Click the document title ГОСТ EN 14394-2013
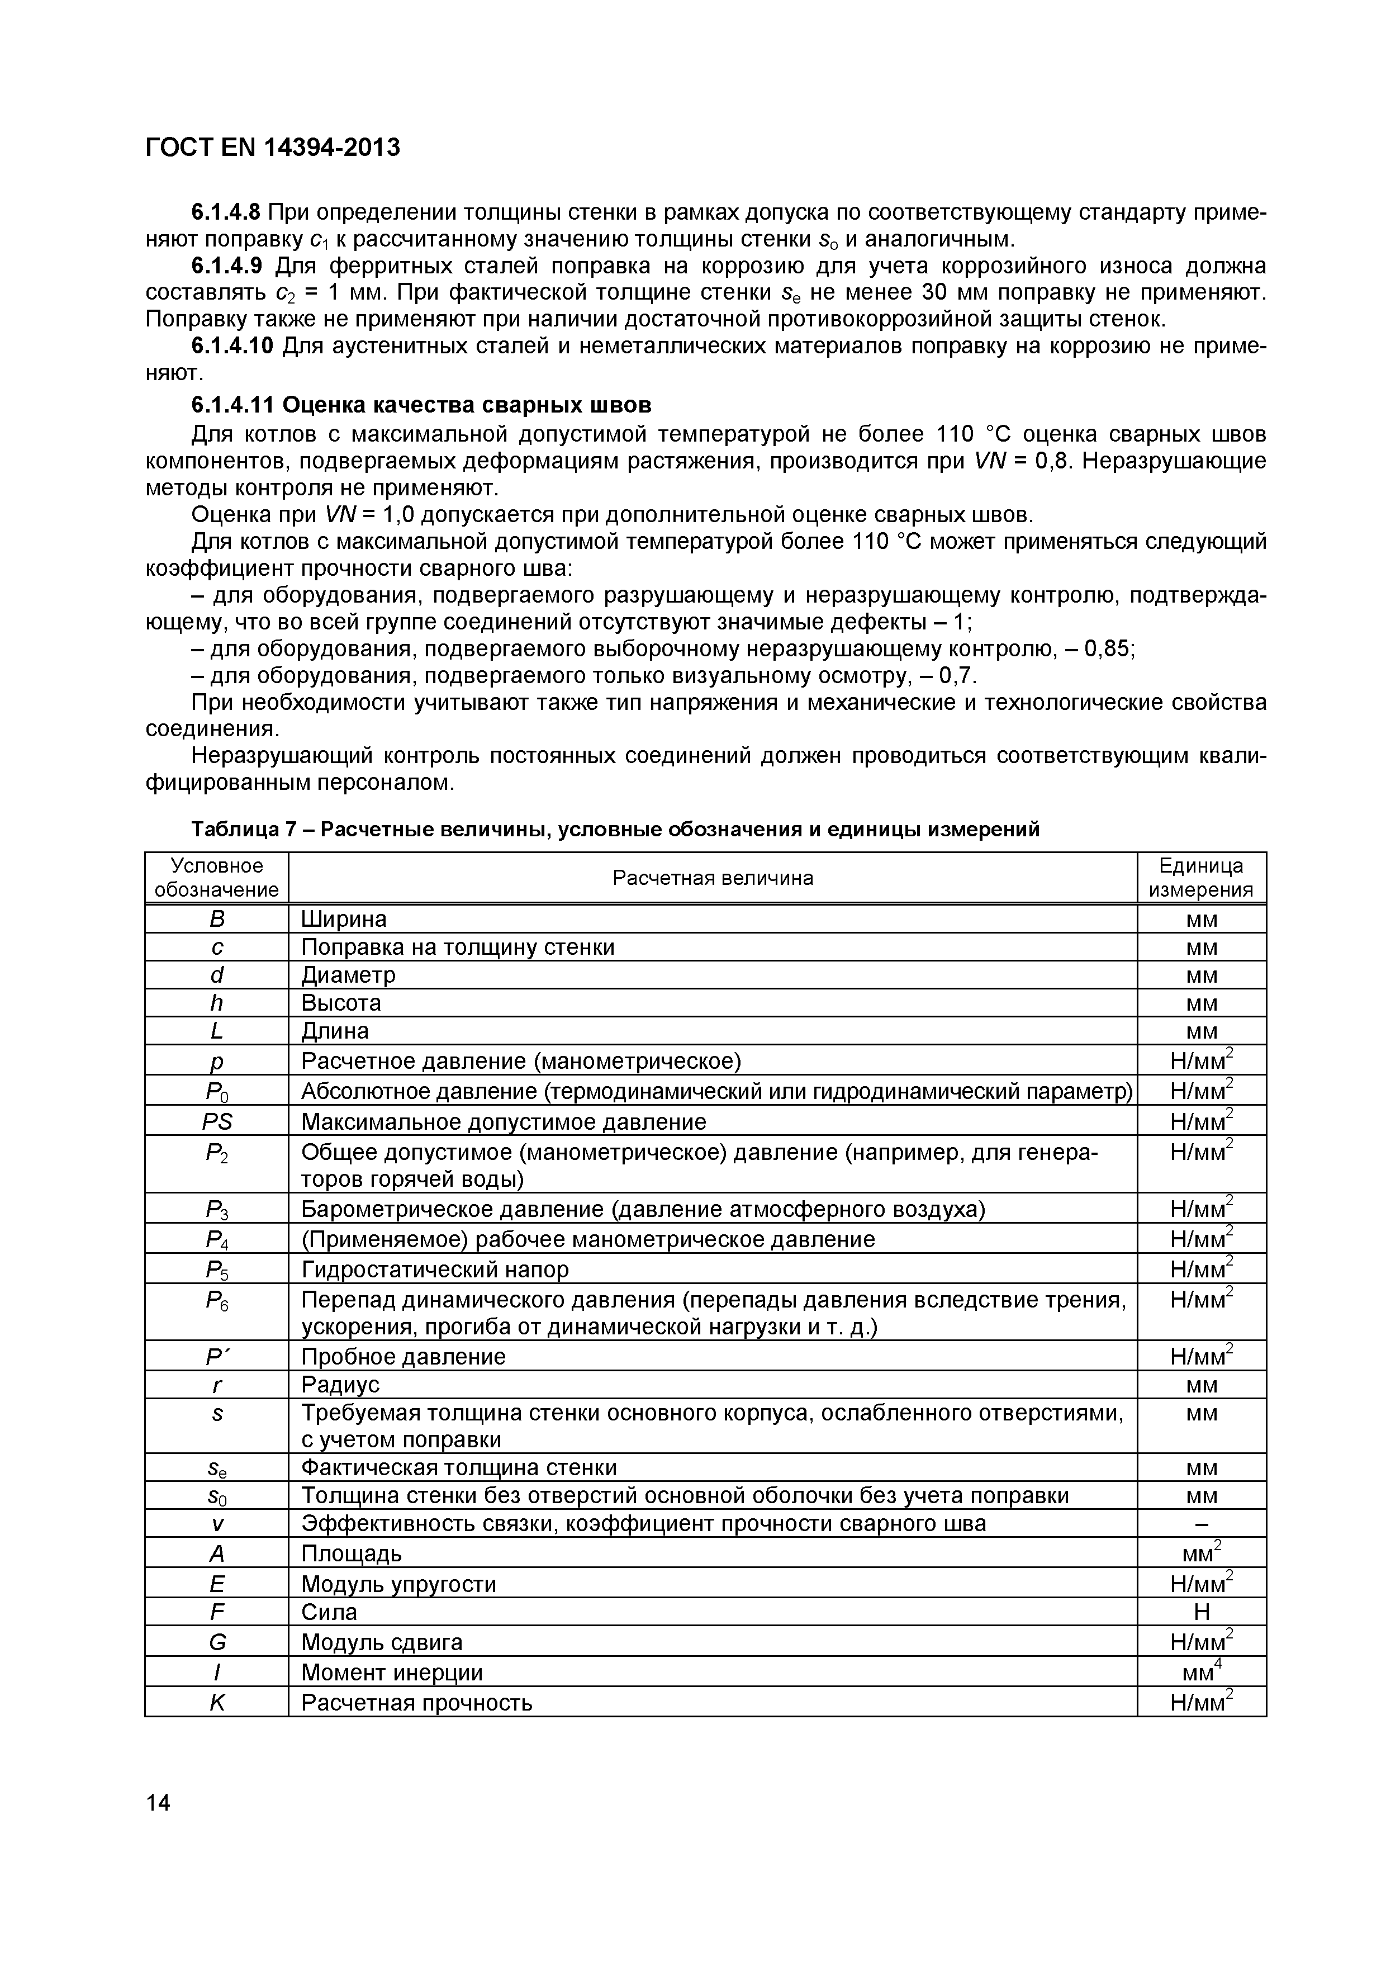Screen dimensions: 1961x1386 click(x=272, y=148)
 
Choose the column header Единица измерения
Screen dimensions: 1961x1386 click(x=1200, y=878)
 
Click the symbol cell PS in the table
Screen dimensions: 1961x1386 click(x=217, y=1121)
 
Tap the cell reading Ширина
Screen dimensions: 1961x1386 click(x=344, y=919)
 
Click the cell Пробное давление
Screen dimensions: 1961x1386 click(x=403, y=1357)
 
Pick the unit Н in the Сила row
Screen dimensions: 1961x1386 click(x=1200, y=1613)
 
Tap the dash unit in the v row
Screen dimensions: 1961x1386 click(x=1200, y=1524)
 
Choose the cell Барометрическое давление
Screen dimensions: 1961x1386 click(x=642, y=1209)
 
